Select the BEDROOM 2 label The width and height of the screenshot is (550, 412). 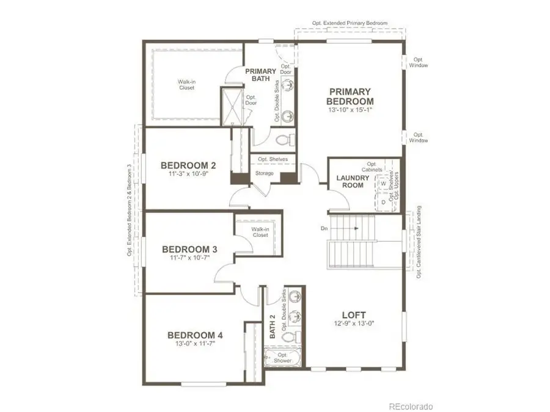pyautogui.click(x=188, y=165)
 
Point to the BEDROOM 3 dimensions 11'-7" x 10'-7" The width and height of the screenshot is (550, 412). pyautogui.click(x=189, y=258)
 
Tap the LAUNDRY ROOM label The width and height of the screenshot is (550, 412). pyautogui.click(x=353, y=181)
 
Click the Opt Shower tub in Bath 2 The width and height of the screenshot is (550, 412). pyautogui.click(x=282, y=358)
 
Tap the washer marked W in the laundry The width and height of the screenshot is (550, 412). pyautogui.click(x=383, y=183)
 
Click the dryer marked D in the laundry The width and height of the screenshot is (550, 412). pyautogui.click(x=383, y=200)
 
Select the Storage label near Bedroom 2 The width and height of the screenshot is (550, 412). pyautogui.click(x=264, y=173)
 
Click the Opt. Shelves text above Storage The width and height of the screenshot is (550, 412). pyautogui.click(x=273, y=159)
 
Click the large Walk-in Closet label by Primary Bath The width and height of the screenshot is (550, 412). pyautogui.click(x=186, y=84)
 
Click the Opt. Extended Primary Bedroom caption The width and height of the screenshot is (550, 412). pyautogui.click(x=350, y=23)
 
